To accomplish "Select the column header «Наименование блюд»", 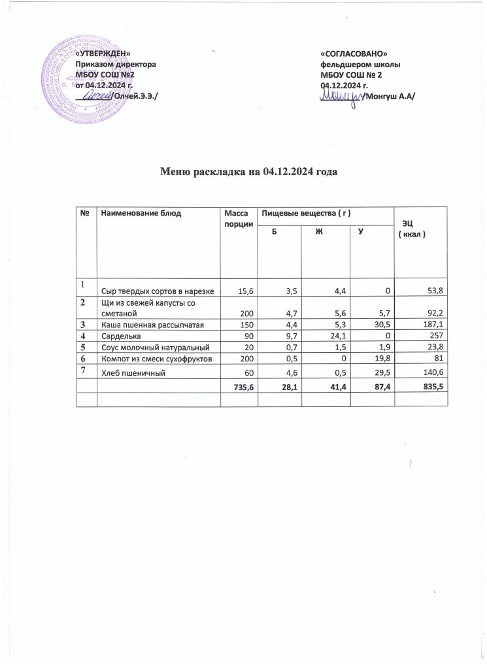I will tap(139, 213).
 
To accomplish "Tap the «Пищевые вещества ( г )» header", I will tap(301, 213).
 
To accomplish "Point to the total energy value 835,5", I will tap(433, 387).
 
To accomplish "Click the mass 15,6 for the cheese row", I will tap(240, 289).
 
